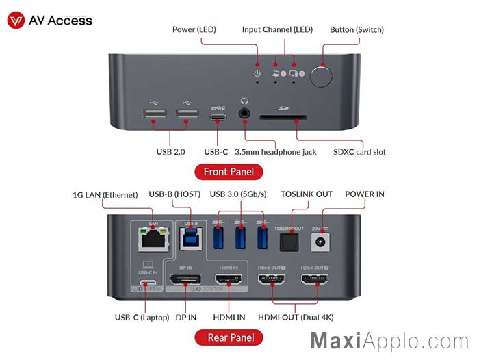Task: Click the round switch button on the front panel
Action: coord(321,76)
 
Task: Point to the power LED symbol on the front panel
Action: coord(257,73)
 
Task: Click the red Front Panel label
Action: coord(229,172)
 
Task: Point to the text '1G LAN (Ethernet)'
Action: coord(105,194)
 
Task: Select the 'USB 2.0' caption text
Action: coord(170,151)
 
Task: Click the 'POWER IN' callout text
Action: coord(365,194)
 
